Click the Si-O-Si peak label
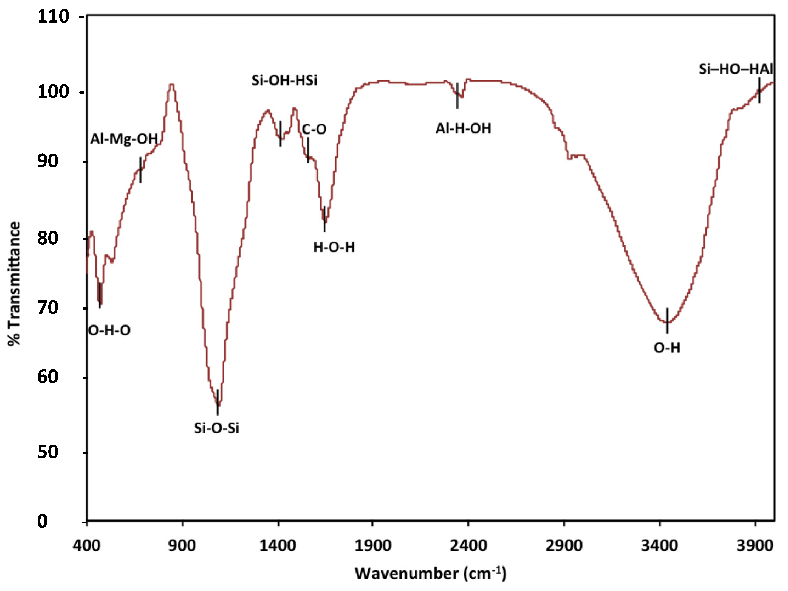click(x=217, y=428)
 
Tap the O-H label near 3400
click(x=667, y=348)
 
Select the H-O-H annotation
click(x=334, y=247)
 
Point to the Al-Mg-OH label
click(x=124, y=139)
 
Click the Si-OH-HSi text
click(x=284, y=80)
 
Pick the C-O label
click(x=314, y=129)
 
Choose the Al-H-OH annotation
click(x=463, y=128)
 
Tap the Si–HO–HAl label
click(x=735, y=69)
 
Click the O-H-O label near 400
click(x=109, y=330)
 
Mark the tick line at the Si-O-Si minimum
click(x=217, y=402)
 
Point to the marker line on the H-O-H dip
click(x=324, y=219)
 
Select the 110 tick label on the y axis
click(x=53, y=17)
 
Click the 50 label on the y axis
click(x=48, y=452)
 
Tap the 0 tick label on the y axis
click(x=43, y=522)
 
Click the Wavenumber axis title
click(x=430, y=573)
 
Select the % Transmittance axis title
click(x=14, y=283)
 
